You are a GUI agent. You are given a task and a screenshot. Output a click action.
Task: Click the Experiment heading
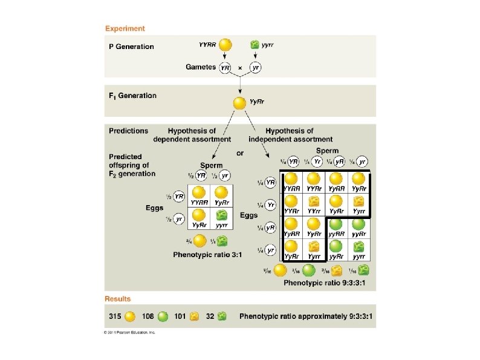point(125,28)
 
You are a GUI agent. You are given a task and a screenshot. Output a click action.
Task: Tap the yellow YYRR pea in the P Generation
point(225,45)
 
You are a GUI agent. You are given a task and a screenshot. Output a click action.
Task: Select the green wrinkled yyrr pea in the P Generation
point(255,45)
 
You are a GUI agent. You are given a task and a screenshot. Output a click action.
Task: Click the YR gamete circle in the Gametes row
point(225,68)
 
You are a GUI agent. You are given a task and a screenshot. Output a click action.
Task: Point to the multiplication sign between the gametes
point(240,68)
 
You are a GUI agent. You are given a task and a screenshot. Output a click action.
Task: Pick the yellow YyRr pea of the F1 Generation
point(240,103)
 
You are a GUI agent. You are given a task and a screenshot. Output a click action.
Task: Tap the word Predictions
point(128,131)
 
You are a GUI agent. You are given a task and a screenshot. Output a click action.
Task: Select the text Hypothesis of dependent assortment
point(192,135)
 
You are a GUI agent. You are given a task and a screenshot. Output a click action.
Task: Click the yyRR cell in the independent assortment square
point(337,226)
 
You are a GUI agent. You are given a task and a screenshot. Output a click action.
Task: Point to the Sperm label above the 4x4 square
point(327,151)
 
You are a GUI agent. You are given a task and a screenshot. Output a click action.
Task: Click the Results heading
point(117,299)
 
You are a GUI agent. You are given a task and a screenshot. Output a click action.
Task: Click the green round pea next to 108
point(163,316)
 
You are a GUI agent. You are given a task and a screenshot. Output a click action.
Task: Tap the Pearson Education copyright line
point(130,332)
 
